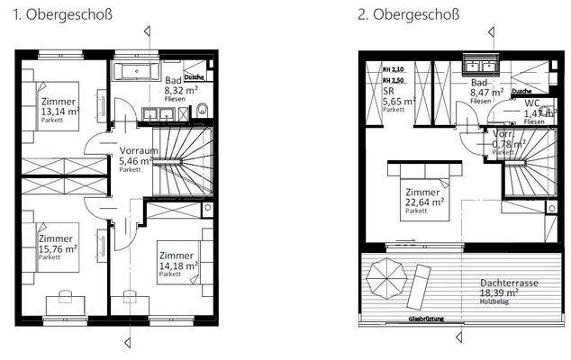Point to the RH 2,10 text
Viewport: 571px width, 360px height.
(394, 69)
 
